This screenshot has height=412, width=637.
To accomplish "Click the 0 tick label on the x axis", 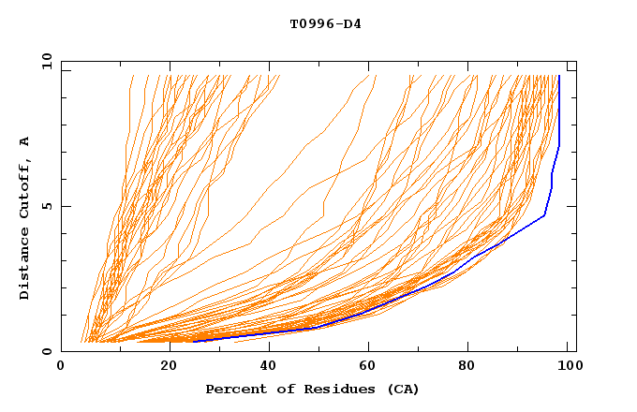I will point(61,368).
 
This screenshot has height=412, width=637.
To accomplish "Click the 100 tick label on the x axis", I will point(568,368).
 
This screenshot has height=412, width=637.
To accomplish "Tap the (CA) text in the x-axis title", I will point(400,389).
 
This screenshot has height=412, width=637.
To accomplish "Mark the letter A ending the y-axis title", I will point(25,140).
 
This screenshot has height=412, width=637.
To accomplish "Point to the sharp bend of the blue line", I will point(544,216).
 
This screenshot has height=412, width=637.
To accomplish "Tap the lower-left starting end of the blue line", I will point(194,342).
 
